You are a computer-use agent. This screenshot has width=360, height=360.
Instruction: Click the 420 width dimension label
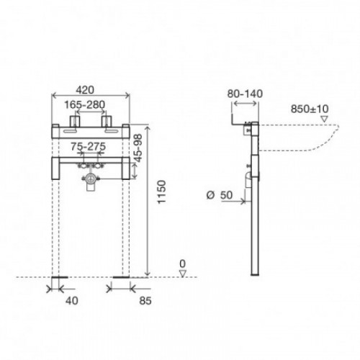(x=85, y=90)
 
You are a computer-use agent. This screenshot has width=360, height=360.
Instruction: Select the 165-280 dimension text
(x=85, y=104)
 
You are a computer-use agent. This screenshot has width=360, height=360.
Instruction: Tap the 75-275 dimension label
(x=88, y=146)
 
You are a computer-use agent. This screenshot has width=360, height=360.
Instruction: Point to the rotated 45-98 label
(x=138, y=148)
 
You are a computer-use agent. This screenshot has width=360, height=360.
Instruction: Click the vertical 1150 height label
(x=162, y=192)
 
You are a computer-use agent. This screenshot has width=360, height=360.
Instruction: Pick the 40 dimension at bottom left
(x=72, y=300)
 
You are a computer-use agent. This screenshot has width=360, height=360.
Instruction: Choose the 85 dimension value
(x=145, y=300)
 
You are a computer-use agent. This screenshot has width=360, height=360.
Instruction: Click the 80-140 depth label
(x=245, y=94)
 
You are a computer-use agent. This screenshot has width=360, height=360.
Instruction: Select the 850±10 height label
(x=310, y=109)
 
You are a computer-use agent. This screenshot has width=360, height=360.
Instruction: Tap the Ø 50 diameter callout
(x=220, y=195)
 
